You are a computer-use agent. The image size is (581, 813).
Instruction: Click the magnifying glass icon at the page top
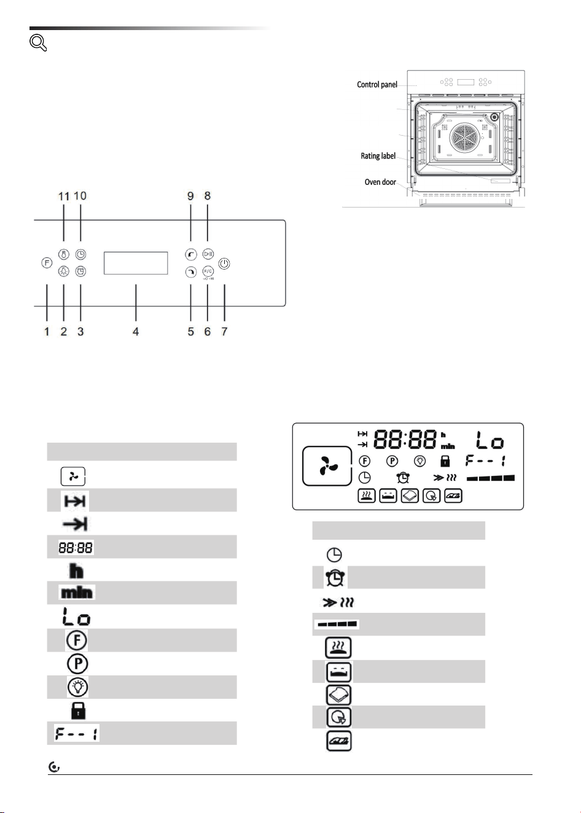coord(37,43)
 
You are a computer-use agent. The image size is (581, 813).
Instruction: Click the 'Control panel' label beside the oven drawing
coord(377,85)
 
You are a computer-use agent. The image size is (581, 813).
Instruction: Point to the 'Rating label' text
coord(378,156)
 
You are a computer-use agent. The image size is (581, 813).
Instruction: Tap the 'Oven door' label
coord(380,182)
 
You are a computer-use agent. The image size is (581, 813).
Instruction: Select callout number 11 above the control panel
coord(64,196)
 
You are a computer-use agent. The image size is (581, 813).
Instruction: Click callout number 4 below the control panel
coord(136,332)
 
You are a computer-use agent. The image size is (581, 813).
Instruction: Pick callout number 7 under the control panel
coord(224,332)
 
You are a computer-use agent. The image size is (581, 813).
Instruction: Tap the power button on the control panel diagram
coord(224,263)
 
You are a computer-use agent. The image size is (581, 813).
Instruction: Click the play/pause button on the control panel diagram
coord(208,254)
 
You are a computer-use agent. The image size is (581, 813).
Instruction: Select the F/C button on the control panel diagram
coord(208,271)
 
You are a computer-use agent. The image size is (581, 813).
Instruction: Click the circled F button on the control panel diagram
coord(47,263)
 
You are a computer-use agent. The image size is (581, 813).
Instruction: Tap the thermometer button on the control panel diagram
coord(64,254)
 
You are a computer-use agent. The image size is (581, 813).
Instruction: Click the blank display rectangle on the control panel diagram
coord(136,263)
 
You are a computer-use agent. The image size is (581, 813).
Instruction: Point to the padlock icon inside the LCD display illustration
coord(445,461)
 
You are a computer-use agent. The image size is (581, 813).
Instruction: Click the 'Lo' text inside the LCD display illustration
coord(490,440)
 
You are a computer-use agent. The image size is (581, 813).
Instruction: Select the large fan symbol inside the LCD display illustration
coord(327,466)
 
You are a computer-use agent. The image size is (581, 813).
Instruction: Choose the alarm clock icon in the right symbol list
coord(335,577)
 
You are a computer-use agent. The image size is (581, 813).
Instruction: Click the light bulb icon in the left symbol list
coord(78,687)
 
